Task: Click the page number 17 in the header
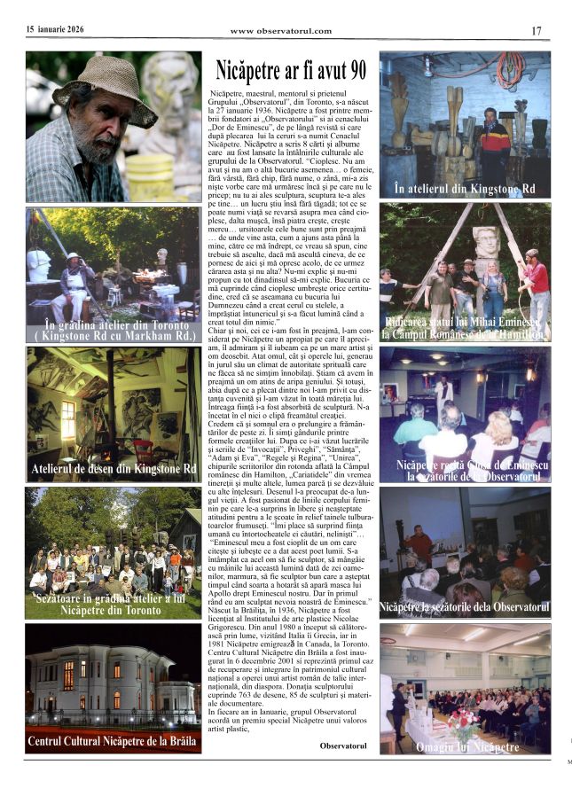tap(537, 31)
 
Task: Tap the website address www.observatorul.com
tap(281, 31)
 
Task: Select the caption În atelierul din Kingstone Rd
tap(465, 189)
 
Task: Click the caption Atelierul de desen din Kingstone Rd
tap(114, 468)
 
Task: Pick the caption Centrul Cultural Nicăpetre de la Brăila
tap(114, 740)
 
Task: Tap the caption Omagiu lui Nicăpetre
tap(467, 747)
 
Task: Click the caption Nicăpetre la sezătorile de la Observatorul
tap(465, 607)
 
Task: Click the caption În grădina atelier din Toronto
tap(114, 333)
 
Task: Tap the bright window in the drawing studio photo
tap(68, 420)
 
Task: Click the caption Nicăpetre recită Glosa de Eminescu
tap(465, 471)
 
